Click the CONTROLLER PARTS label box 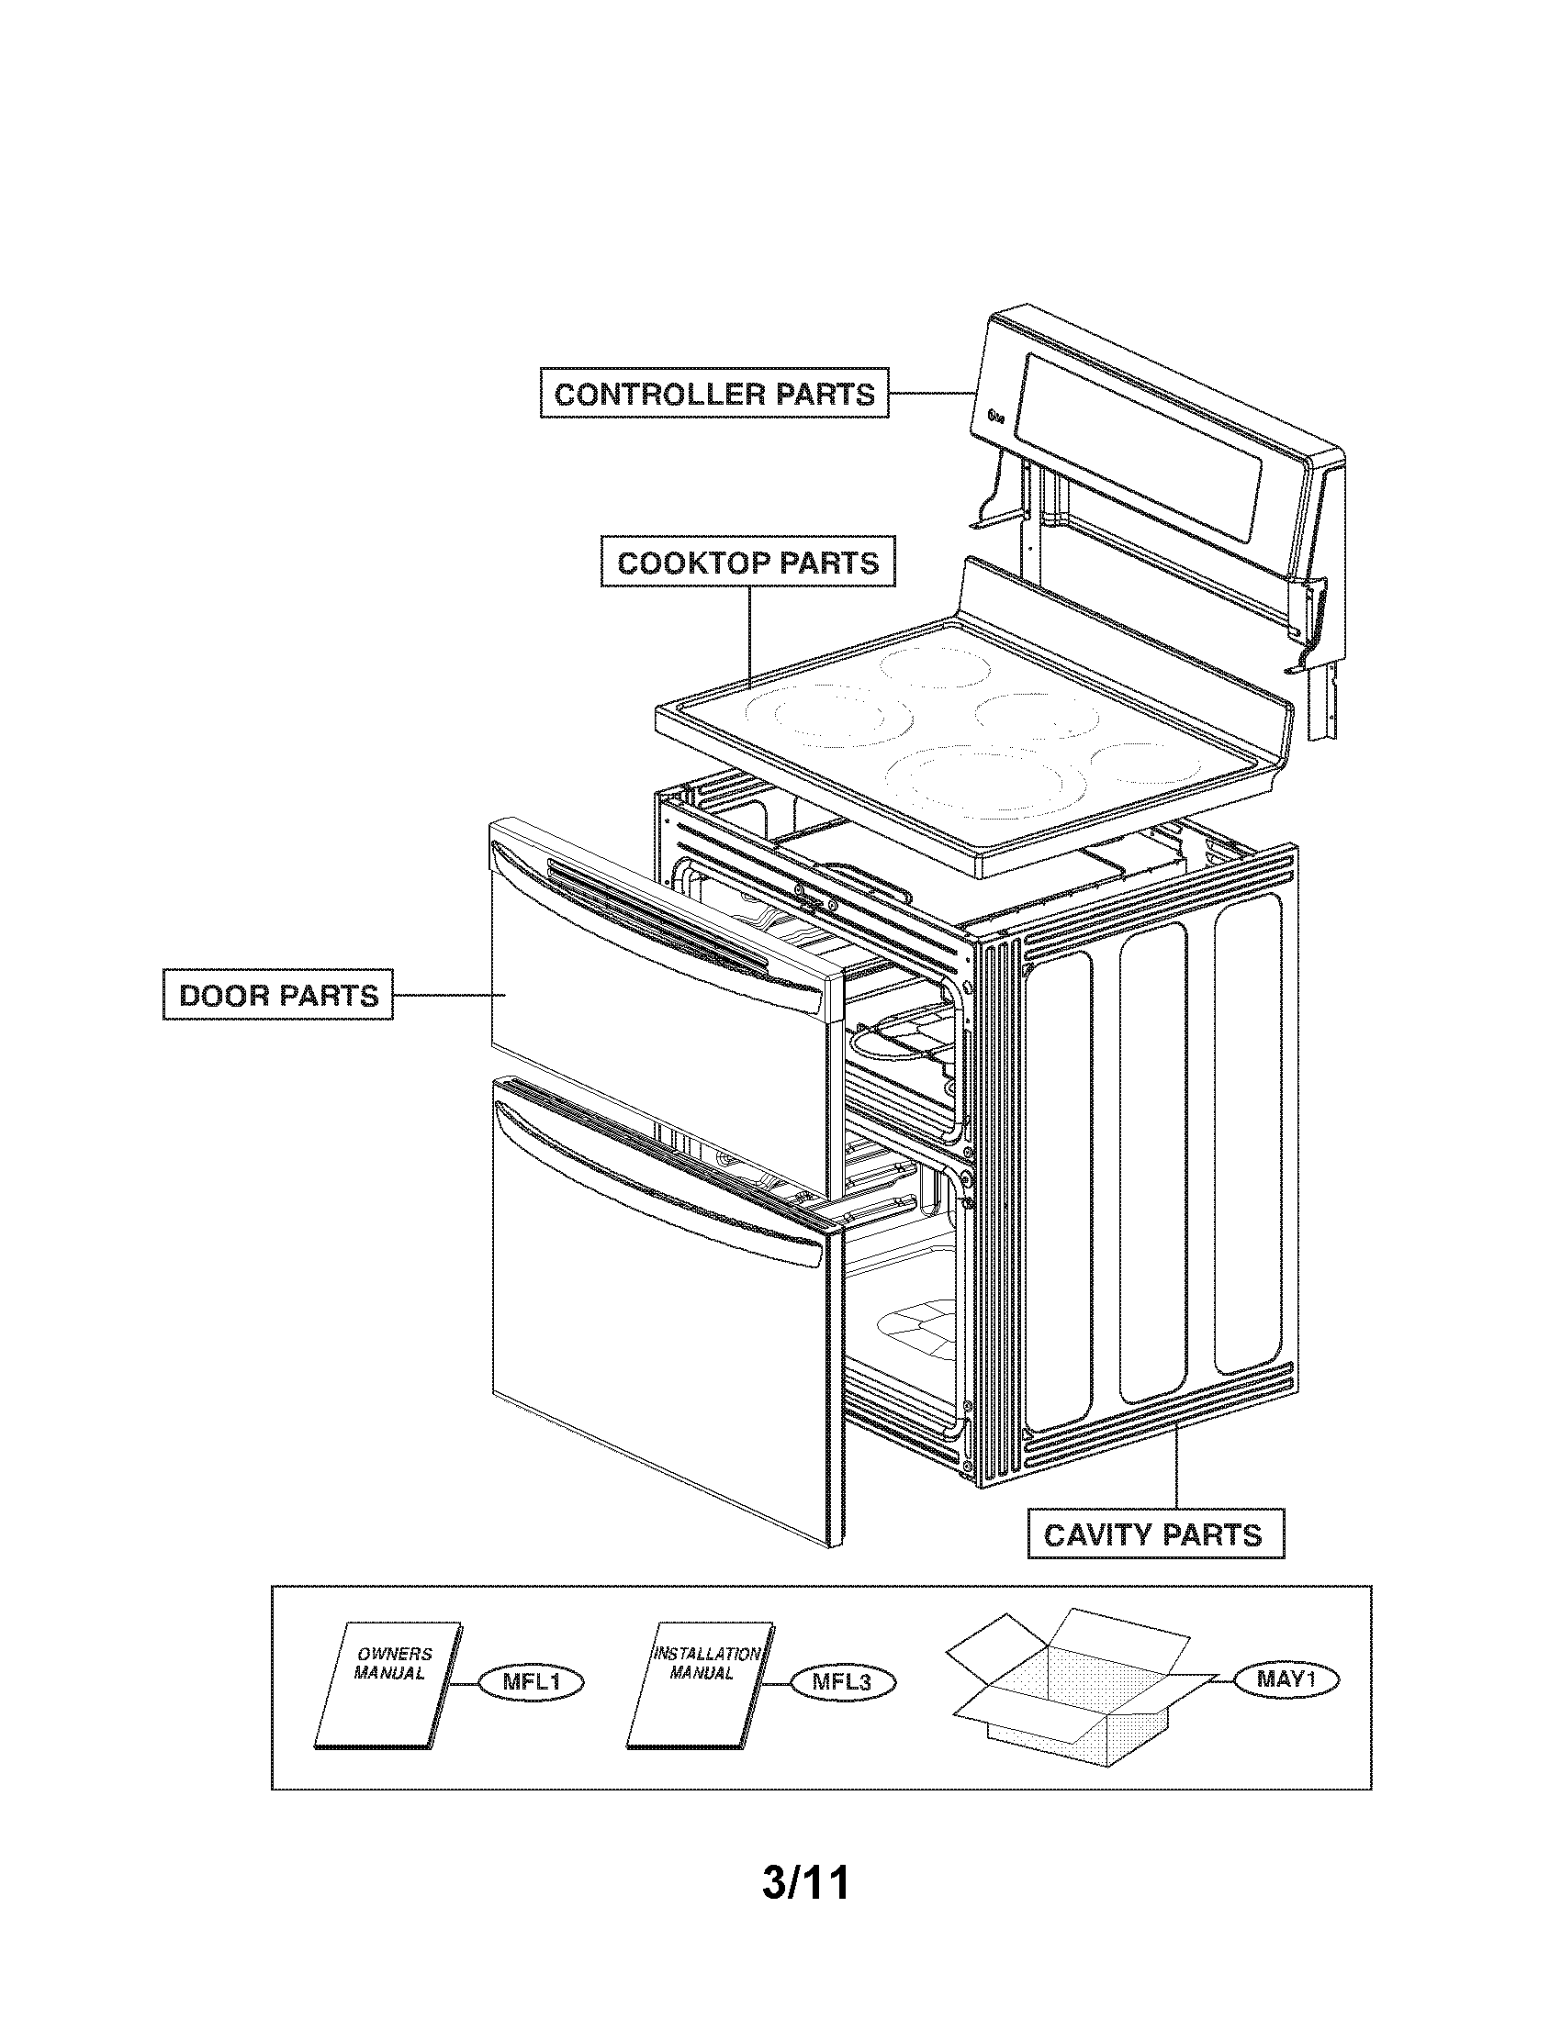pos(713,394)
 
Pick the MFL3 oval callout pos(842,1682)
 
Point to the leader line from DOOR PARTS pos(448,995)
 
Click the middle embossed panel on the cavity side pos(1152,1165)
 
